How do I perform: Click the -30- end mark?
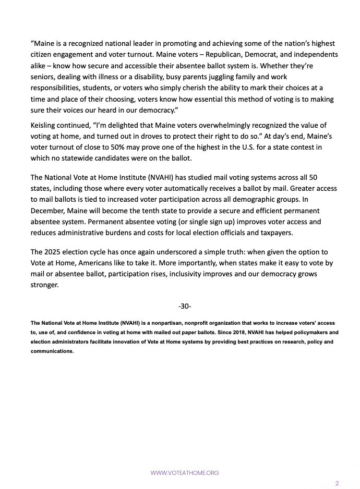[185, 305]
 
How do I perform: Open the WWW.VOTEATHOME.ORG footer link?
[185, 473]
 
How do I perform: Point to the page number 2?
[337, 483]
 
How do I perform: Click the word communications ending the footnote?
[52, 351]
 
